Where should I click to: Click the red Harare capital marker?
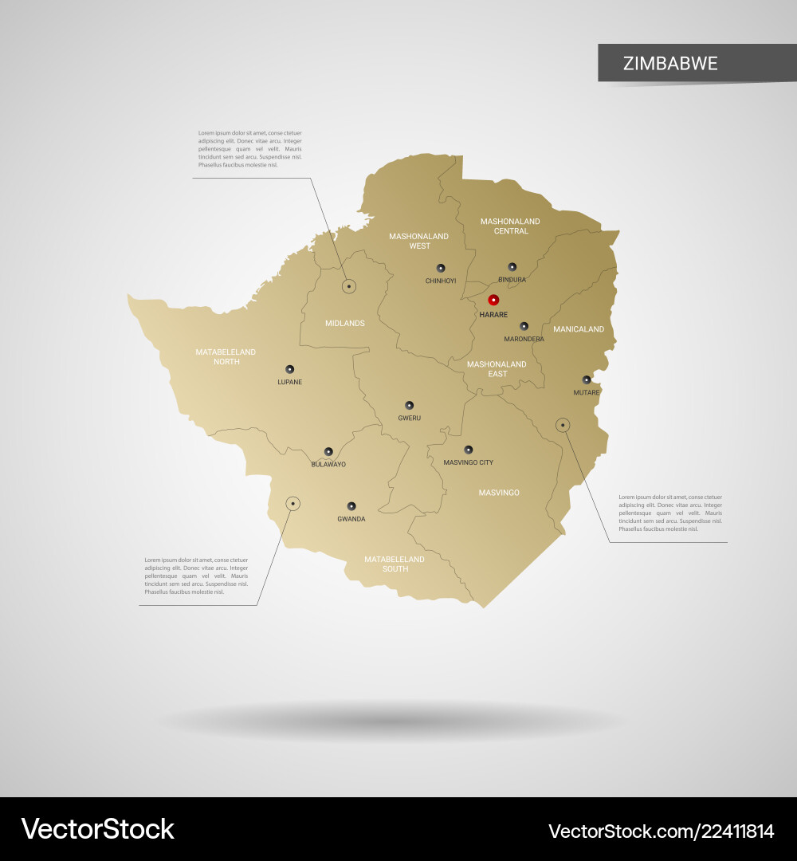pos(493,300)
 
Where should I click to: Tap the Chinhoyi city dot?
pos(441,268)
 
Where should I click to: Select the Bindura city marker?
pos(512,267)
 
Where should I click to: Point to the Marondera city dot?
pos(524,326)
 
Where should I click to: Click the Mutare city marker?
pos(587,379)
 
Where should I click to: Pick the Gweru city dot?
pos(409,405)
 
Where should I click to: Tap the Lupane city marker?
pos(289,369)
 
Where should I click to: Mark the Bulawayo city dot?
pos(328,451)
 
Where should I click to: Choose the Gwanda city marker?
pos(351,505)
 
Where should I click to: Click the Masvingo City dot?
pos(469,450)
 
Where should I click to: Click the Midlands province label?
pos(345,323)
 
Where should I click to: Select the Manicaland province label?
pos(579,328)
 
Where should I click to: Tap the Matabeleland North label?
pos(226,356)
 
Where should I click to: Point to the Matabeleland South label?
pos(395,564)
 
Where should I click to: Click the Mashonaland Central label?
pos(511,226)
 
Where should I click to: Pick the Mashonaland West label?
pos(418,241)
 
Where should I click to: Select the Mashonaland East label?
pos(497,368)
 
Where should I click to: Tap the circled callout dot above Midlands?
pos(349,285)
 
